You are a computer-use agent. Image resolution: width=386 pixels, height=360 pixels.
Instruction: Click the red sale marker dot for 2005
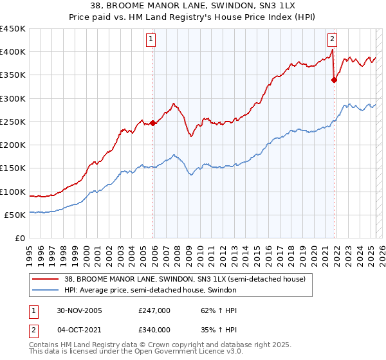click(x=152, y=123)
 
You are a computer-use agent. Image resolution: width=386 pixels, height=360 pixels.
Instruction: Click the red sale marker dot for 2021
click(x=334, y=80)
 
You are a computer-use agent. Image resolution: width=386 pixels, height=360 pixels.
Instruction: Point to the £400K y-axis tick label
click(x=13, y=52)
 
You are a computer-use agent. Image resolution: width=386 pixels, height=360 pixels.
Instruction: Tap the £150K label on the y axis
click(x=13, y=168)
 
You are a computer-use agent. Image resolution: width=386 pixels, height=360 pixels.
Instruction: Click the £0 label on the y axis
click(x=19, y=239)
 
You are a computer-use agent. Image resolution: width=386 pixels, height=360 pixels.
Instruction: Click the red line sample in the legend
click(x=46, y=279)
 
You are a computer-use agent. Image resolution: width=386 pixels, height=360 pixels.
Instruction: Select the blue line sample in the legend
click(x=46, y=291)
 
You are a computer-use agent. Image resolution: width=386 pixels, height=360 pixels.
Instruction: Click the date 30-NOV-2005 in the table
click(x=80, y=310)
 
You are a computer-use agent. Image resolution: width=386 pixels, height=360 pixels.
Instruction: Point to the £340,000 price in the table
click(x=154, y=330)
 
